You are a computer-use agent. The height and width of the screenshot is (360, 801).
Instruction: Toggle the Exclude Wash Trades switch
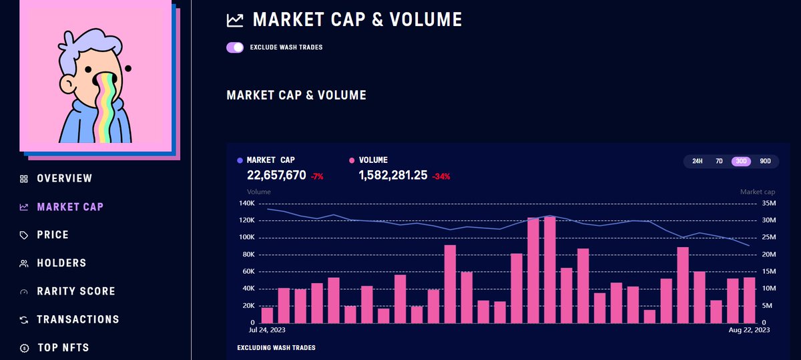235,47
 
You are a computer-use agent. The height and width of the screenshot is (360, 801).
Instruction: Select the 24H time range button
697,161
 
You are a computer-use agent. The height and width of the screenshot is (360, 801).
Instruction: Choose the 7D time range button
719,161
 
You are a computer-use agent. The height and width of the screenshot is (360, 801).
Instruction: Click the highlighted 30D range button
741,161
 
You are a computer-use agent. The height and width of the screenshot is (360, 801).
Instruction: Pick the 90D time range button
765,161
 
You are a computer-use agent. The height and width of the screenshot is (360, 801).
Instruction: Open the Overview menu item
64,178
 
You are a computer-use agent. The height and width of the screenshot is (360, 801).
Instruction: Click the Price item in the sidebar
53,234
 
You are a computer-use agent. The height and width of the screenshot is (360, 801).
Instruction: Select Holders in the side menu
61,263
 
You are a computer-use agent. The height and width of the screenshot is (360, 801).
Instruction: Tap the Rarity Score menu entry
76,291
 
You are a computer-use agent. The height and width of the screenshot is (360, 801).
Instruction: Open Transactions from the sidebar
78,319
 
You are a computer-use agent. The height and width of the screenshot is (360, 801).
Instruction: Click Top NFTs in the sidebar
63,347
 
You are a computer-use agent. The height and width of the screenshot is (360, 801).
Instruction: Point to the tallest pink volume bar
550,269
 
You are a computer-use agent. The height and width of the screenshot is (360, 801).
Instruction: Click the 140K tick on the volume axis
247,203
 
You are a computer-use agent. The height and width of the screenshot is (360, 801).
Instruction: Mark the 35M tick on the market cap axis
769,203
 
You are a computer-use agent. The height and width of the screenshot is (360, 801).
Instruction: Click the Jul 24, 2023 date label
267,330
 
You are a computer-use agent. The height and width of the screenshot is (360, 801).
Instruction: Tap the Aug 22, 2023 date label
749,330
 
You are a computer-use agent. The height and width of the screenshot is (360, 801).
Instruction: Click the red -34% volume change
441,176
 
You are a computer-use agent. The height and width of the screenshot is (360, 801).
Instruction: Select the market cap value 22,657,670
276,175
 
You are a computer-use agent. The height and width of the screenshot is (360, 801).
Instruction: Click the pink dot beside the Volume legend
352,160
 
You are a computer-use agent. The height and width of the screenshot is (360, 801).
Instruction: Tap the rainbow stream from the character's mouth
106,108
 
